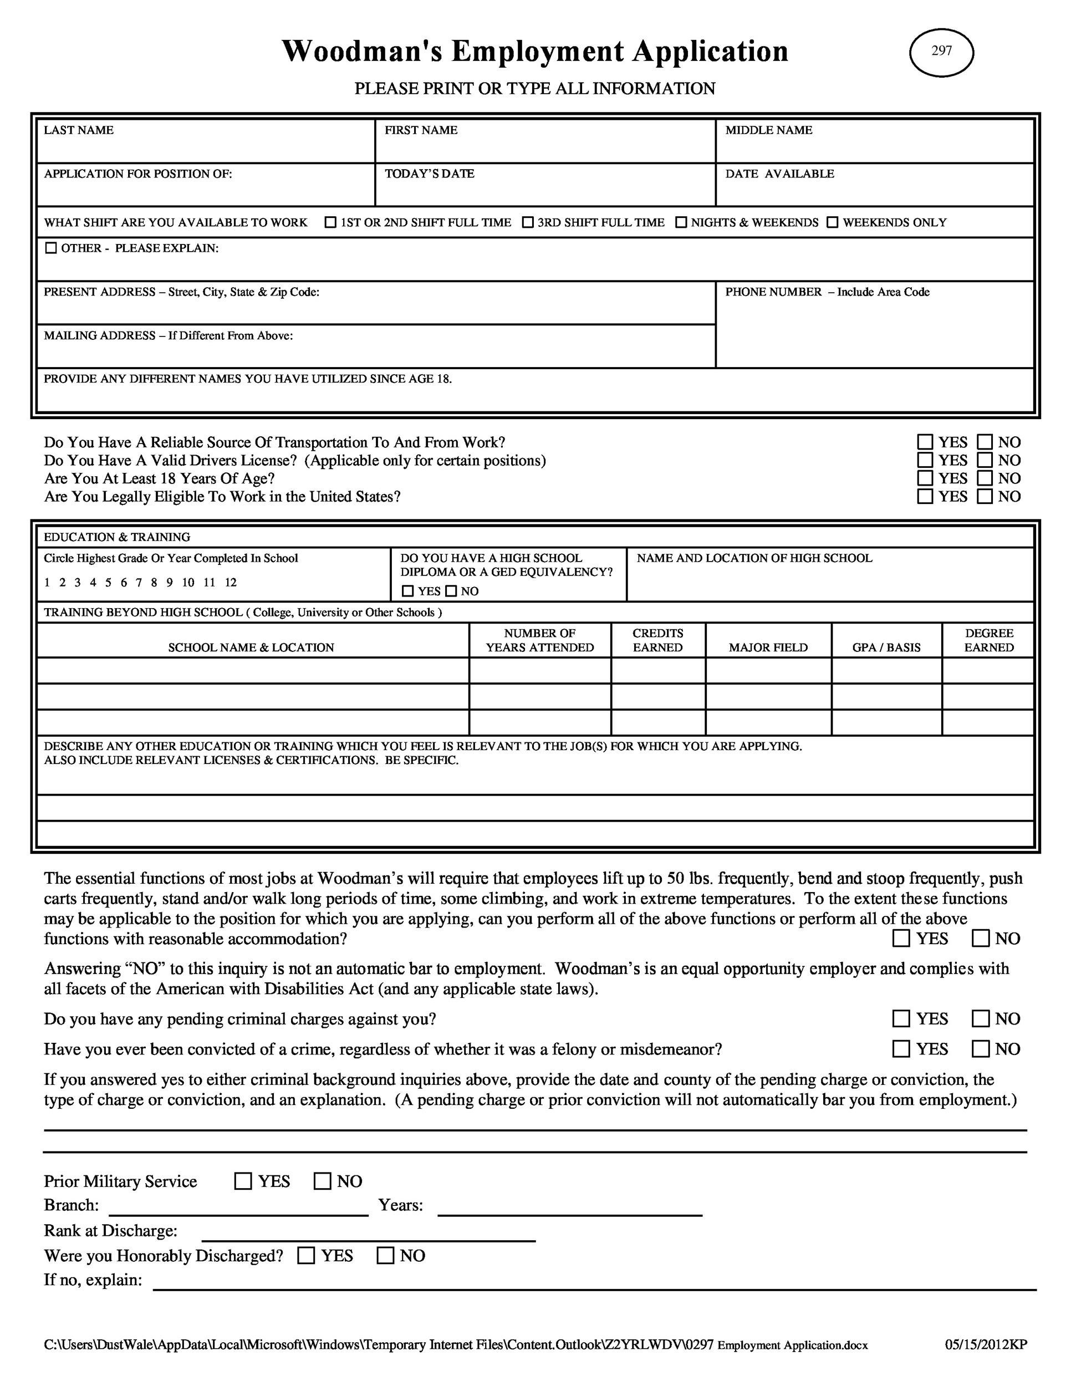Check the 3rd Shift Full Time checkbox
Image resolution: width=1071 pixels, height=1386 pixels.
point(528,222)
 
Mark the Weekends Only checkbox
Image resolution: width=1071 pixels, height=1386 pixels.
point(833,222)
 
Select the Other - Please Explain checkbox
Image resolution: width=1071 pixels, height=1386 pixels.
point(51,248)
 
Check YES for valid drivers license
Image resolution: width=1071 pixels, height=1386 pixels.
point(926,460)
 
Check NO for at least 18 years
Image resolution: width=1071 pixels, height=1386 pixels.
point(985,478)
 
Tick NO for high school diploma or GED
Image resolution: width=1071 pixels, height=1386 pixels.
point(451,592)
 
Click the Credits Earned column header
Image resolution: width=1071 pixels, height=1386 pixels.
point(657,640)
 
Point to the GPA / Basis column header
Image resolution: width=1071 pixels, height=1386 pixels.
point(886,648)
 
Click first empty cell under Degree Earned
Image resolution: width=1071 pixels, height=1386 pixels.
point(988,670)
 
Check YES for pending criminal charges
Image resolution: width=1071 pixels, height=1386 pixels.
point(901,1018)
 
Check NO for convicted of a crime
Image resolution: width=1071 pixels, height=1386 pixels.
point(981,1049)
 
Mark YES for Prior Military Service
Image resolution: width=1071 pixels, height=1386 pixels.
point(243,1181)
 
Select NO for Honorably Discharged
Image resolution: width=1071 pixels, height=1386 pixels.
point(385,1256)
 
